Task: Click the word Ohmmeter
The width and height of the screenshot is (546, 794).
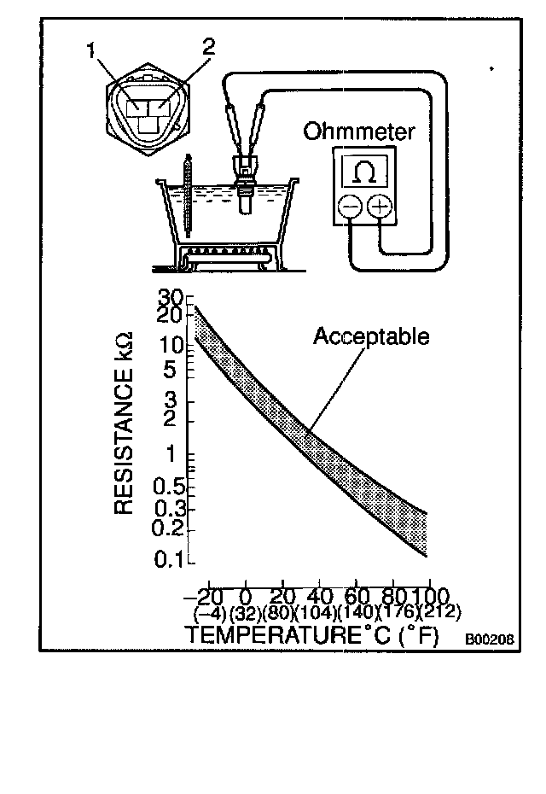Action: pos(360,132)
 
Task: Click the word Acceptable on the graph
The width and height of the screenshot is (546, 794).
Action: pos(371,336)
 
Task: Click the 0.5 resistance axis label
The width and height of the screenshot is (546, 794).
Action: pos(171,487)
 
